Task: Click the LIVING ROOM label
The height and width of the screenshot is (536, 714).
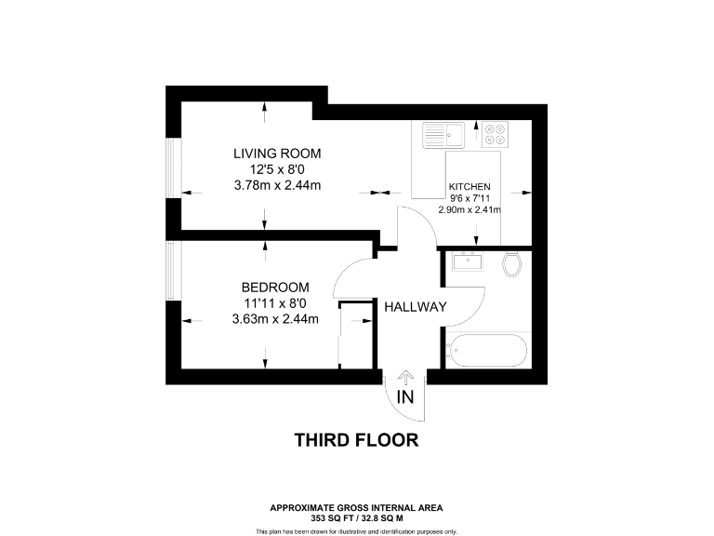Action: click(277, 154)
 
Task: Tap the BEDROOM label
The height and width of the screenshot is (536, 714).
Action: click(274, 288)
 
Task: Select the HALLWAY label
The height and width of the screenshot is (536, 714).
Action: click(416, 307)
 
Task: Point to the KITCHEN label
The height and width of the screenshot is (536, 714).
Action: click(469, 186)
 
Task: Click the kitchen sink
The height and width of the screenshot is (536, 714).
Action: click(444, 136)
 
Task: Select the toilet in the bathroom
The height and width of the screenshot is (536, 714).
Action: click(510, 264)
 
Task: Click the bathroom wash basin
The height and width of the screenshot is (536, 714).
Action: click(467, 261)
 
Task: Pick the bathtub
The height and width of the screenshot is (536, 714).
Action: click(486, 352)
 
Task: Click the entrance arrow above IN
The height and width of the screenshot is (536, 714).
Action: click(405, 377)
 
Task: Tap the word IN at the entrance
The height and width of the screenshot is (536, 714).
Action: click(405, 397)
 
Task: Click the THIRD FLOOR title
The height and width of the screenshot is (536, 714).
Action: click(356, 439)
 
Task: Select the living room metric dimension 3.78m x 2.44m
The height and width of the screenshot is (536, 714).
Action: click(277, 186)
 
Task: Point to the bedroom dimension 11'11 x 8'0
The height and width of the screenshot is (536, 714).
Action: click(274, 303)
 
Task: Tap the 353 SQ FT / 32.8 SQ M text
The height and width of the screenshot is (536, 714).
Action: click(356, 516)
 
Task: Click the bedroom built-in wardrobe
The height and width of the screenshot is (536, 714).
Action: click(356, 335)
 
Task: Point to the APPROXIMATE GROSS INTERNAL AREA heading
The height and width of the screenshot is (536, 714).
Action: click(356, 507)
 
